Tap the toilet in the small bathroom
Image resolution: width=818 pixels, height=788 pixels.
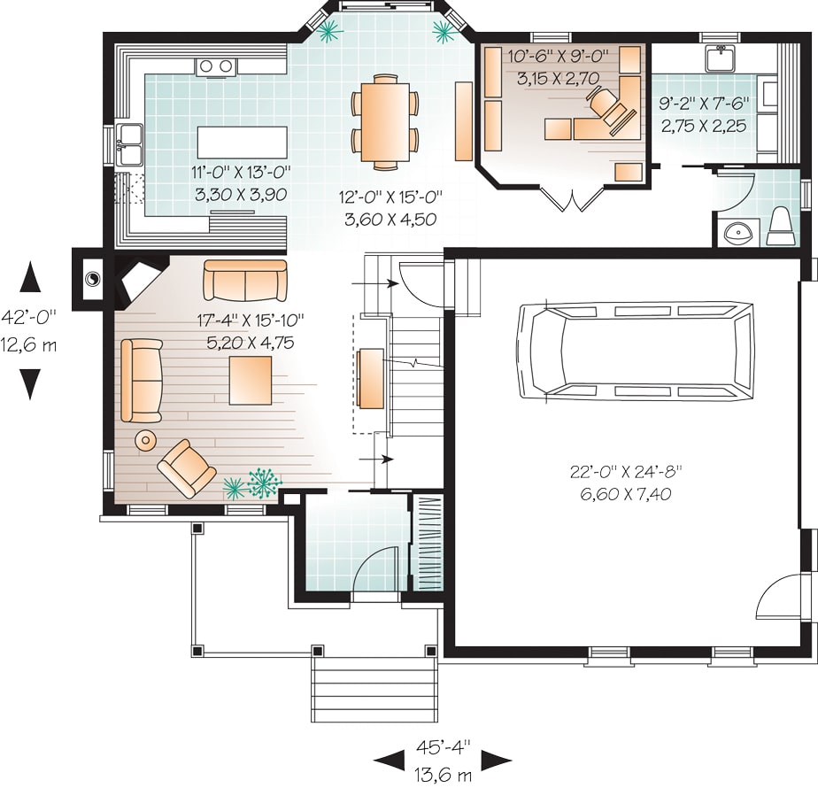point(780,226)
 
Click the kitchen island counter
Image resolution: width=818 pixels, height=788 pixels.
point(243,141)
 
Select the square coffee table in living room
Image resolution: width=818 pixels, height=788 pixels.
point(251,379)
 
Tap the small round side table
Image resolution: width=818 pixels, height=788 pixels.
point(144,439)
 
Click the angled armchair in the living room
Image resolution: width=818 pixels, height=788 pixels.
point(186,467)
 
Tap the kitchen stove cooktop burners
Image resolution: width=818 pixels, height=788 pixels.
point(216,66)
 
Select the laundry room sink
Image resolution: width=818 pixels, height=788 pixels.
point(722,59)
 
